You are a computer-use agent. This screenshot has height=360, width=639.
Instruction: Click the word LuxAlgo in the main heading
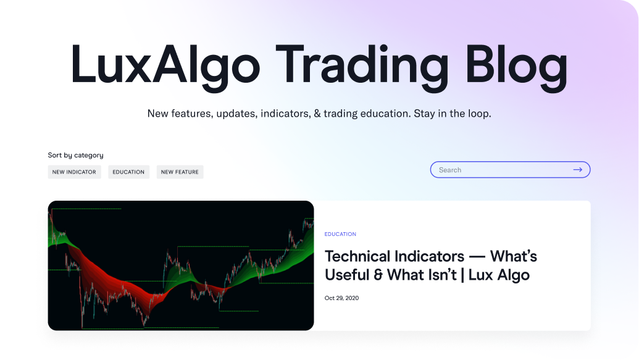(x=165, y=65)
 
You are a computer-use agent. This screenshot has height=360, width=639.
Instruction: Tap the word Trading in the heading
(x=362, y=65)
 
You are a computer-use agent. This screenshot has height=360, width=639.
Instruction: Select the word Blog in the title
(x=516, y=65)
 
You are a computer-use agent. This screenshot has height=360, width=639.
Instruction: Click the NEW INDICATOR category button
(x=74, y=172)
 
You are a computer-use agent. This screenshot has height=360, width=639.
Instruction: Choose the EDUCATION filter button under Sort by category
(x=128, y=172)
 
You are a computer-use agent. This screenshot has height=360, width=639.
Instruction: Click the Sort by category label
(x=75, y=156)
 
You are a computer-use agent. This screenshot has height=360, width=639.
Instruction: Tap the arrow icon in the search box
(x=577, y=170)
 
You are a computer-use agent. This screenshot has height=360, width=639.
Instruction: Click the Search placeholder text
(x=450, y=170)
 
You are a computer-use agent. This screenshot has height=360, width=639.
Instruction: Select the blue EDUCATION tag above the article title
(x=340, y=234)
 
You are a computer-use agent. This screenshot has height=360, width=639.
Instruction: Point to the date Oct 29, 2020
(x=341, y=298)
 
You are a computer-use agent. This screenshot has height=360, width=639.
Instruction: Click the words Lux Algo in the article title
(x=499, y=275)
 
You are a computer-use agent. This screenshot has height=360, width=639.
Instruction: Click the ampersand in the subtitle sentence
(x=317, y=114)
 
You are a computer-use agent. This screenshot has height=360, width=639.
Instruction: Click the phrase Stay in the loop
(x=453, y=114)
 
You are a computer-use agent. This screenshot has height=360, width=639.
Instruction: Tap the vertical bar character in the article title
(x=462, y=275)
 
